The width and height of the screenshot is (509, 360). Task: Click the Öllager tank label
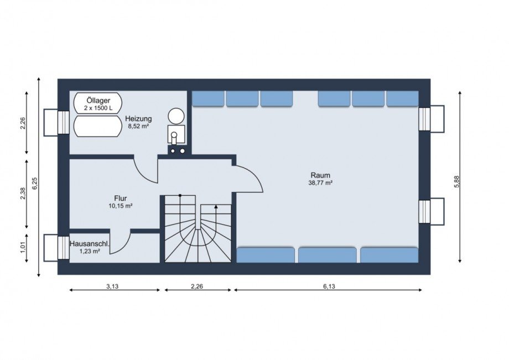point(98,101)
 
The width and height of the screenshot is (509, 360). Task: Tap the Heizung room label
point(139,119)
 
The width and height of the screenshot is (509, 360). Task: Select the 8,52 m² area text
point(139,127)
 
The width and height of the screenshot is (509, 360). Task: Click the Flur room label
point(121,198)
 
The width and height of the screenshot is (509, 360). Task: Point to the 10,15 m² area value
point(121,206)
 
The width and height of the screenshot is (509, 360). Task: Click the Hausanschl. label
point(90,243)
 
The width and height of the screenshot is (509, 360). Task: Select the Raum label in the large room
point(320,175)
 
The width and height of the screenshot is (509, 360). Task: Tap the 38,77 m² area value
point(320,183)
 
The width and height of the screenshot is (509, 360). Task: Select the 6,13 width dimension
point(329,286)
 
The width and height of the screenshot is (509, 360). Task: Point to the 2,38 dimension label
point(23,194)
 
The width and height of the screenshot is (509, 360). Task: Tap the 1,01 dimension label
point(23,247)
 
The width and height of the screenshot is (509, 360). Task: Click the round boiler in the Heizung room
point(176,116)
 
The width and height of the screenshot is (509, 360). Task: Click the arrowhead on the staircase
point(216,207)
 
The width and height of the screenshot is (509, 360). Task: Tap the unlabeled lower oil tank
point(97,127)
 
